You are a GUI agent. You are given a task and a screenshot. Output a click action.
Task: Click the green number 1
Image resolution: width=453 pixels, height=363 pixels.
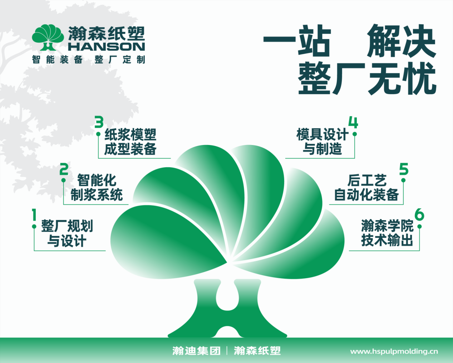34,214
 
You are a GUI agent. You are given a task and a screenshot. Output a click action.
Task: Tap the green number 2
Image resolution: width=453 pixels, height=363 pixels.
64,169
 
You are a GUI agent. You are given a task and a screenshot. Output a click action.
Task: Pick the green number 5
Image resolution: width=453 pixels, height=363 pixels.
404,169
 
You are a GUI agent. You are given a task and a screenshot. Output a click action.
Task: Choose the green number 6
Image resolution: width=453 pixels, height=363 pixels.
419,214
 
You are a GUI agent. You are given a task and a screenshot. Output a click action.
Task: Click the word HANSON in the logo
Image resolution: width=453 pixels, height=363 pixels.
107,47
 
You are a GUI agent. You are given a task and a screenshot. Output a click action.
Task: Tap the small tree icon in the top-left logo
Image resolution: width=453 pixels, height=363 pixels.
48,37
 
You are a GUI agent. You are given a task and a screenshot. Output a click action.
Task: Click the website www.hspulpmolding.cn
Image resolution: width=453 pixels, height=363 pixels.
394,352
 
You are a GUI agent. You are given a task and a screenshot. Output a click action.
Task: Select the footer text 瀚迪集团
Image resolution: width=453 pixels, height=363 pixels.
196,351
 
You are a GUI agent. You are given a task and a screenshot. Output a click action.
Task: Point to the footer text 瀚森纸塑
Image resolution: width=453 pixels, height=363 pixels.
257,351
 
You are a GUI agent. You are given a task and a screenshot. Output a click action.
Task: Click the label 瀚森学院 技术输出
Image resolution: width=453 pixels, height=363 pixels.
387,233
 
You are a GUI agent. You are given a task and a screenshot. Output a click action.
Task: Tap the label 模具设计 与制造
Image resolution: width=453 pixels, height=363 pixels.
322,142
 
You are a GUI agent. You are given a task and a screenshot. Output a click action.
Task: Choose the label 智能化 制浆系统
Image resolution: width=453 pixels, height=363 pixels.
97,187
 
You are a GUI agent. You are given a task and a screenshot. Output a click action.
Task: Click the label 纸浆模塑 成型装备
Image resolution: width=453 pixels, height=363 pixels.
130,142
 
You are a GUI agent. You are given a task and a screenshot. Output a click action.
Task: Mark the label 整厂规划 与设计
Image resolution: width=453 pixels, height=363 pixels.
67,233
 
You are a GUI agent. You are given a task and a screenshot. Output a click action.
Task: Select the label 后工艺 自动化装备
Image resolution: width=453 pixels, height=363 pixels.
366,187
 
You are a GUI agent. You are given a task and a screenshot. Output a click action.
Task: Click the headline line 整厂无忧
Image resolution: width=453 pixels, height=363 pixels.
367,78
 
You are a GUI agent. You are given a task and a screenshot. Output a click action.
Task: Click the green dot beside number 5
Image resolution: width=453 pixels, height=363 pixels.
403,180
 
